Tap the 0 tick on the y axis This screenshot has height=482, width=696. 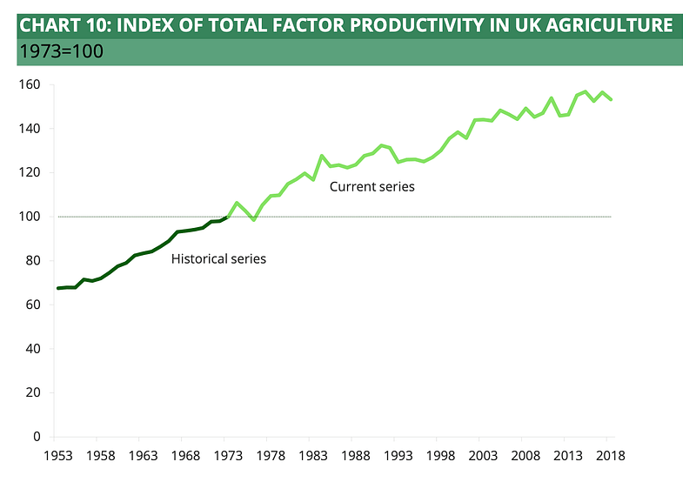[36, 436]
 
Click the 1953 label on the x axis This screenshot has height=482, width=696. [57, 455]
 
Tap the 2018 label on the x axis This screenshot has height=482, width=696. [611, 455]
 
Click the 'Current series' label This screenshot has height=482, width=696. [371, 187]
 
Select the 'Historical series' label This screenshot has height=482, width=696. [218, 258]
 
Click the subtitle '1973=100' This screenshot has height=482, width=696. [61, 51]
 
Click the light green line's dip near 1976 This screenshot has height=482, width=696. [253, 219]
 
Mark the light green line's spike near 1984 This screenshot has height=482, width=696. [322, 156]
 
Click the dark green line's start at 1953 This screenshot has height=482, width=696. [57, 288]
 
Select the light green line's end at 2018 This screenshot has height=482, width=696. [612, 99]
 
